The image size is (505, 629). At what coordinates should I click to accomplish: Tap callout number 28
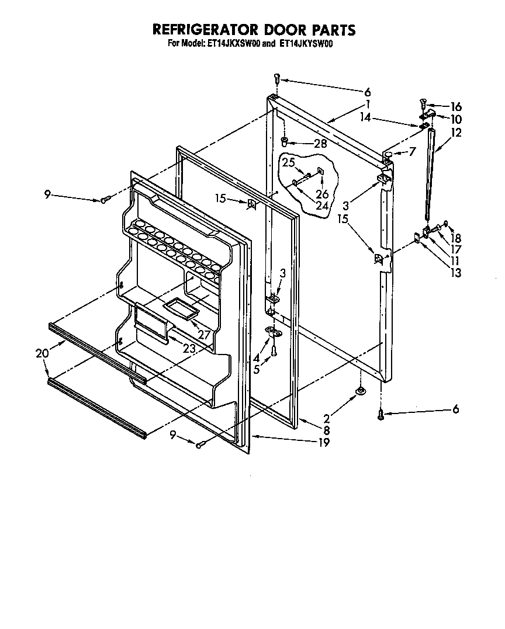pos(320,143)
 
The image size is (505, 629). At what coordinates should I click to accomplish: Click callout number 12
pos(456,133)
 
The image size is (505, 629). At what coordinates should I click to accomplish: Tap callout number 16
pos(456,106)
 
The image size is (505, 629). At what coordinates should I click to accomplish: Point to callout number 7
pos(413,152)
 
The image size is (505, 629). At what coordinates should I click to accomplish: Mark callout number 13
pos(456,272)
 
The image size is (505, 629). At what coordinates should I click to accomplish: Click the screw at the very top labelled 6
pos(278,79)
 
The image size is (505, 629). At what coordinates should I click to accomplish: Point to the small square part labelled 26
pos(320,171)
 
